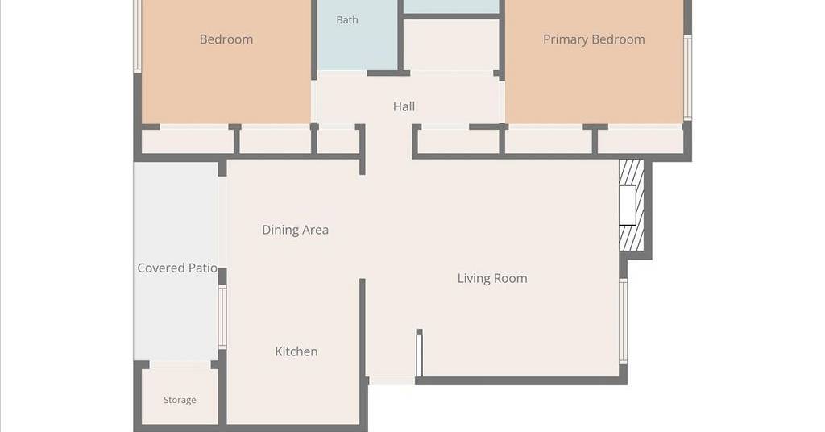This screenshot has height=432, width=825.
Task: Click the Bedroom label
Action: [x=226, y=39]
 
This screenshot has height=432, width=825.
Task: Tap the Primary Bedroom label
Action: [x=594, y=39]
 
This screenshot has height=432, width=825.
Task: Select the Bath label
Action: [x=347, y=20]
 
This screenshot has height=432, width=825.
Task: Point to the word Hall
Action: [x=404, y=106]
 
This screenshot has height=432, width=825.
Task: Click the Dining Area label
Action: [x=295, y=230]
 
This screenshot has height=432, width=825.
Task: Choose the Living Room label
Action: [x=492, y=278]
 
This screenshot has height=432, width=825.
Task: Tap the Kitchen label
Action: [x=296, y=351]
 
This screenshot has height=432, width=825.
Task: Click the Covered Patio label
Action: [x=177, y=268]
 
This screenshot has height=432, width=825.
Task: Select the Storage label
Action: [x=180, y=400]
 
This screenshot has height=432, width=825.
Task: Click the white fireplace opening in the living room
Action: [x=627, y=206]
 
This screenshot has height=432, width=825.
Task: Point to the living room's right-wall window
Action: [x=623, y=321]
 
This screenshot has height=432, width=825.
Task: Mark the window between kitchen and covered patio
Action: [x=222, y=317]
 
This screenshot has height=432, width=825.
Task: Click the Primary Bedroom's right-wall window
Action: [x=687, y=77]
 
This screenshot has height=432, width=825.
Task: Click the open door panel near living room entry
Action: [x=419, y=354]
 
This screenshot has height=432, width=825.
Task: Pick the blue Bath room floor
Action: [x=357, y=35]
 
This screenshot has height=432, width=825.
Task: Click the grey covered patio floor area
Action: [x=176, y=261]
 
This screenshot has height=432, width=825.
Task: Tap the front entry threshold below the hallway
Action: [x=392, y=380]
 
